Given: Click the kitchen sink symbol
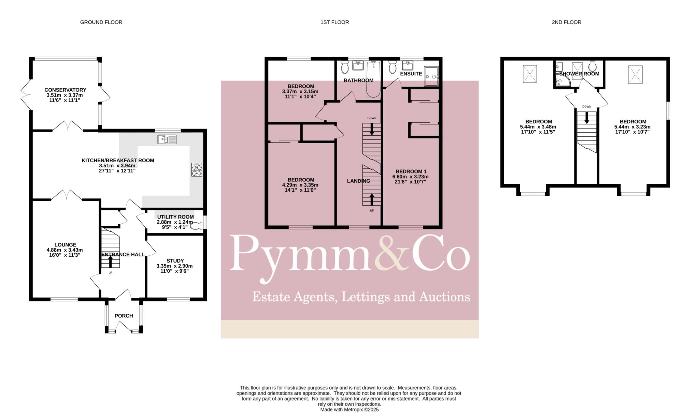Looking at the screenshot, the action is pos(167,139).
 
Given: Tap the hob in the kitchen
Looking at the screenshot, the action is pos(197,170).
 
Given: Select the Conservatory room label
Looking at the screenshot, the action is pos(65,90).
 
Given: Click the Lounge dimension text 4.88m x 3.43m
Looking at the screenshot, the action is pos(65,250).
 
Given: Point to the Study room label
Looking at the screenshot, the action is pos(175,261).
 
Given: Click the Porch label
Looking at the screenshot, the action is pos(124,316).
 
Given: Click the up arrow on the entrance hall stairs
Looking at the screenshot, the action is pos(110,262).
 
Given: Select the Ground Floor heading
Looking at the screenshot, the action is pos(101,22).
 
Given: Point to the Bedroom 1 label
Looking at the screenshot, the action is pos(411,171).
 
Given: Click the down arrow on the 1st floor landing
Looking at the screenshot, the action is pos(372,129).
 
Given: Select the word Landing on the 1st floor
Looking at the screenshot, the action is pos(358,181).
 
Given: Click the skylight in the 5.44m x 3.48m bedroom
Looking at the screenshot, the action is pos(530,74).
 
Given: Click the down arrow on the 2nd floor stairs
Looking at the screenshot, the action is pos(587,118).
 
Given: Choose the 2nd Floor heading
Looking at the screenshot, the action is pos(566,22).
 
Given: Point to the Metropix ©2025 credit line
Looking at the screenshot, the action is pos(349,410).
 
